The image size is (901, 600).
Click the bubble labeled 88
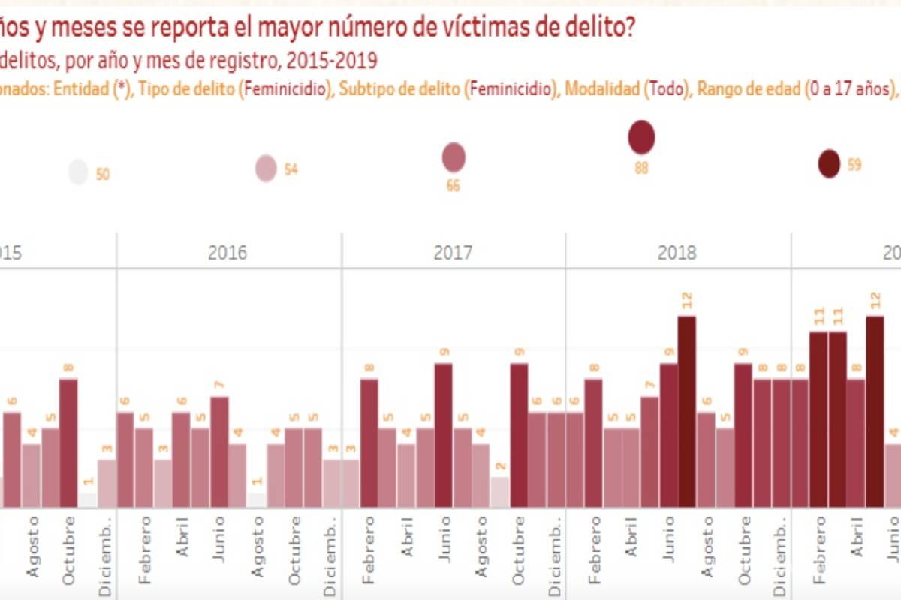(641, 137)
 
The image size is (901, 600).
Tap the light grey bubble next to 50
(78, 172)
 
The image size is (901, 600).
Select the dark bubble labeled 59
(829, 164)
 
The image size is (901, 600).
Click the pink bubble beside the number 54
(266, 168)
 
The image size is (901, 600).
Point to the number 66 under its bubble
(453, 186)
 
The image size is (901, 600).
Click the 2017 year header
(453, 252)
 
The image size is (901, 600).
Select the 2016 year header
(228, 252)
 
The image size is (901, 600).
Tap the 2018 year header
(677, 252)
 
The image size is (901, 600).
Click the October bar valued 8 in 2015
(68, 443)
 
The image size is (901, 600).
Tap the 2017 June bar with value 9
(444, 435)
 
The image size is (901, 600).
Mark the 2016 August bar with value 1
(257, 500)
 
